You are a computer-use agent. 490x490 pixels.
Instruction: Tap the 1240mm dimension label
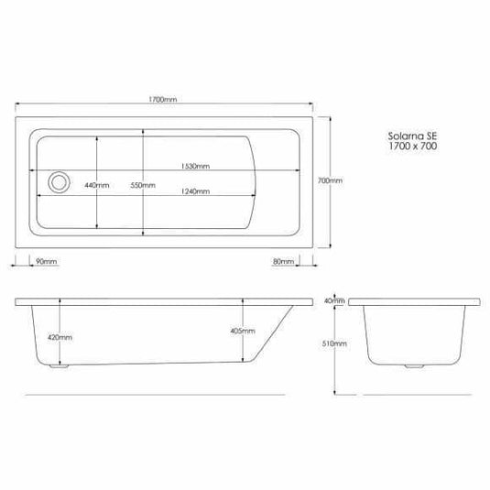[x=196, y=191]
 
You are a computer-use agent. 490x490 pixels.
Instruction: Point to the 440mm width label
[x=96, y=186]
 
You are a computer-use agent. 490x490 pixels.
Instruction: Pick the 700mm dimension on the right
[x=329, y=181]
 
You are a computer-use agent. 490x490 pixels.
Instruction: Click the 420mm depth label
[x=58, y=337]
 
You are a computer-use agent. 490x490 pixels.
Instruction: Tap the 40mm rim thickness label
[x=335, y=300]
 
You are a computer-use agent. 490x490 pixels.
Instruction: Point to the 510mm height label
[x=336, y=343]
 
